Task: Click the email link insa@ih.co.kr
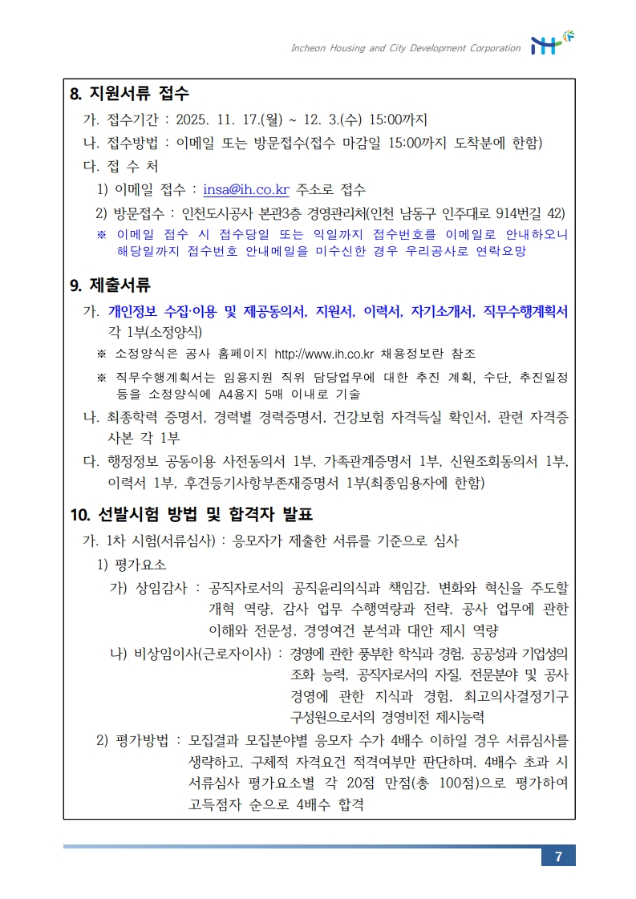246,190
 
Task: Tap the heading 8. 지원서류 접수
130,94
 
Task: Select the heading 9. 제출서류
111,285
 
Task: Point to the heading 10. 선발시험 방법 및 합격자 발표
192,514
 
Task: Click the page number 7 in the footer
558,856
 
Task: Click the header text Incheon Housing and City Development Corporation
405,48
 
